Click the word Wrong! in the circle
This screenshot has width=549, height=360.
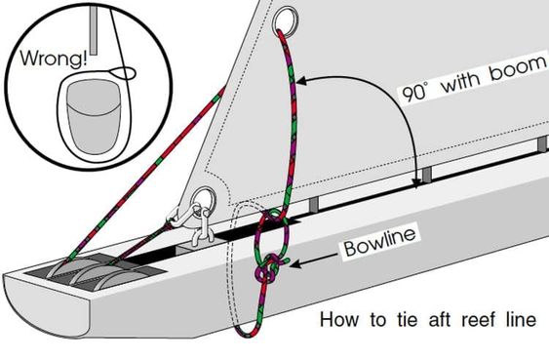click(54, 59)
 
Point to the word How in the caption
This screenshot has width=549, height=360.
click(339, 320)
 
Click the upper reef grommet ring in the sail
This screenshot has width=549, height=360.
click(286, 22)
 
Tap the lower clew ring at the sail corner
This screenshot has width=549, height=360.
click(204, 200)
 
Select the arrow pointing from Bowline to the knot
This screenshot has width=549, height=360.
click(314, 260)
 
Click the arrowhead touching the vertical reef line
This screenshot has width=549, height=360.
click(301, 81)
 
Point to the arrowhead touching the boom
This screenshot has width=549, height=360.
click(416, 183)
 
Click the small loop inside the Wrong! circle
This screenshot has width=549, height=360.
click(123, 73)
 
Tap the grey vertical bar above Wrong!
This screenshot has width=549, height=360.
click(94, 31)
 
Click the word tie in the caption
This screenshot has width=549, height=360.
click(408, 319)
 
